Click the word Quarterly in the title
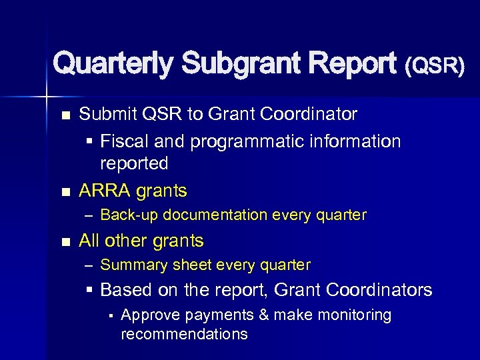click(x=113, y=64)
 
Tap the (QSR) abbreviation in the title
click(x=434, y=65)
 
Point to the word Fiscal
click(x=123, y=141)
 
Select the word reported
click(x=134, y=163)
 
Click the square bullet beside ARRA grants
click(x=65, y=192)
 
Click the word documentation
click(x=213, y=215)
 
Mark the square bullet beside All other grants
click(x=65, y=241)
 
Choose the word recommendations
click(x=184, y=334)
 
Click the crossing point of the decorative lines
click(x=47, y=97)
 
